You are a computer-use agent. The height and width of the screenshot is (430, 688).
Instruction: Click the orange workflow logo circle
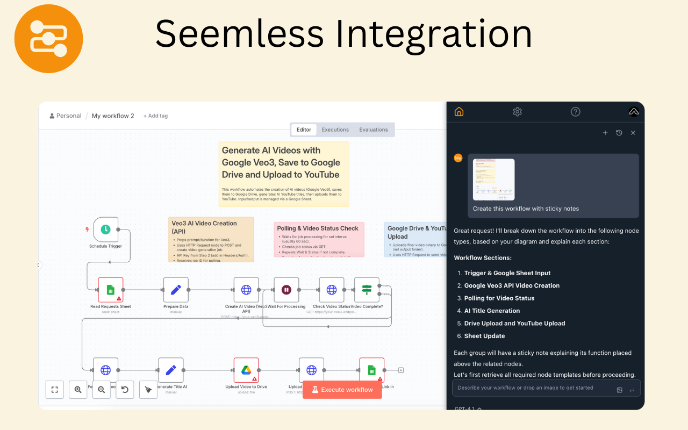[48, 39]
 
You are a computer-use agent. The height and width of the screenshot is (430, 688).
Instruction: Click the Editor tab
[304, 130]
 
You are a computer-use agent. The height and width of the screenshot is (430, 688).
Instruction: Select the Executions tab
[335, 130]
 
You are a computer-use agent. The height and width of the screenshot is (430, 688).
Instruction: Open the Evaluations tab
[374, 130]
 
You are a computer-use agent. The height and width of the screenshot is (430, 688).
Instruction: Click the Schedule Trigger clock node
[105, 230]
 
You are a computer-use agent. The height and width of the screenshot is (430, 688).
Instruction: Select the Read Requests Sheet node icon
[110, 290]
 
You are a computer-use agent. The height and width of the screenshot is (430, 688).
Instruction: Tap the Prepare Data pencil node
[176, 290]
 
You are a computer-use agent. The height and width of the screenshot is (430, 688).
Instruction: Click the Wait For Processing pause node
[286, 290]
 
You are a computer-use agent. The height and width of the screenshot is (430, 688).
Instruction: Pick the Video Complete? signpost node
[367, 290]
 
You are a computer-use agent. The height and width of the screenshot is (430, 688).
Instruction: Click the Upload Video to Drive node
[246, 370]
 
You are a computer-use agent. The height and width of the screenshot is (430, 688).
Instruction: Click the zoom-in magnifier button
[78, 390]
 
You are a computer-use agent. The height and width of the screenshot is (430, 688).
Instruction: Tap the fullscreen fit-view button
[54, 390]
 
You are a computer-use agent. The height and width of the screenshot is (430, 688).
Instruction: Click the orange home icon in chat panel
[459, 112]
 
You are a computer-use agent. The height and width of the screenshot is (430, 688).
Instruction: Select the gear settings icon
[517, 112]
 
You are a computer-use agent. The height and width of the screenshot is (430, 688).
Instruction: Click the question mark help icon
[575, 112]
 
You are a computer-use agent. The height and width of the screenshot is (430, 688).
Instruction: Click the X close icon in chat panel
[633, 133]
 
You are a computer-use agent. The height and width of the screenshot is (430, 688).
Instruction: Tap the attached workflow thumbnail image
[493, 180]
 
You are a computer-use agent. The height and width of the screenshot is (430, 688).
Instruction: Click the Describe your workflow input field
[532, 388]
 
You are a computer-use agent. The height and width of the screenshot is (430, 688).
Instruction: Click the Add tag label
[155, 116]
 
